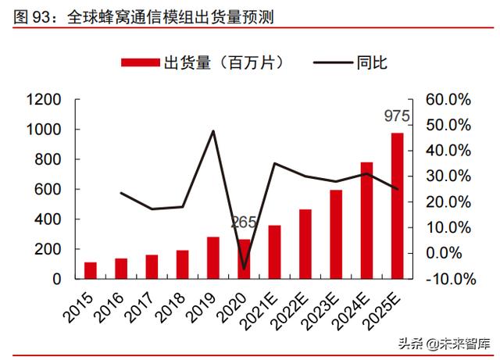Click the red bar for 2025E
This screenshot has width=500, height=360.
click(x=397, y=205)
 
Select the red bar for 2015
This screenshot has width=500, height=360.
click(x=91, y=270)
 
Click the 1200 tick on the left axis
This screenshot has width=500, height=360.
click(x=44, y=100)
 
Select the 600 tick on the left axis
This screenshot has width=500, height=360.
click(x=48, y=190)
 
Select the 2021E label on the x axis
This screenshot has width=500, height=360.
click(x=265, y=305)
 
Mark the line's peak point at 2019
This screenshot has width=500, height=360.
click(x=213, y=130)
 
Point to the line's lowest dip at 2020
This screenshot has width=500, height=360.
click(x=244, y=269)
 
